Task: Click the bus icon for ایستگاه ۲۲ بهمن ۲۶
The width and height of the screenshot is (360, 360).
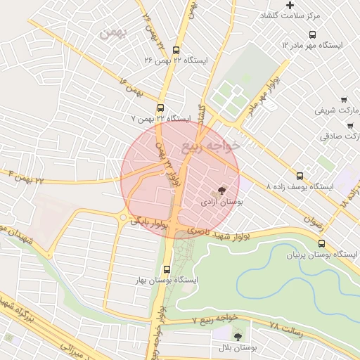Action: pos(175,50)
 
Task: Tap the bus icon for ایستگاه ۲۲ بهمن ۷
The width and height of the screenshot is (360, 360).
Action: pos(161,108)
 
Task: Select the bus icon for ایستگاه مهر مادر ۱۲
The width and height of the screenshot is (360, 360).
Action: pos(312,34)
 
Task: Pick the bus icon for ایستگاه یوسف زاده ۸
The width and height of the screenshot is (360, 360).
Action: pos(300,176)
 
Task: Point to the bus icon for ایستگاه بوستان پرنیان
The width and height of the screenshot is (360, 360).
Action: pos(321,244)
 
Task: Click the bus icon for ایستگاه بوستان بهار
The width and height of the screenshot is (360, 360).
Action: pos(167,269)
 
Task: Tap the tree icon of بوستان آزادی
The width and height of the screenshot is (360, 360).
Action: pos(222,191)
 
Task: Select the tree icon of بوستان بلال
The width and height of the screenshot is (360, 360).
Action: pos(237,337)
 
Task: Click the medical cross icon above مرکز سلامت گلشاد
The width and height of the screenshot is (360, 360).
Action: pos(290,6)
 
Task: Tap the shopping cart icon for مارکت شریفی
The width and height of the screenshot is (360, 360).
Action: pos(344,100)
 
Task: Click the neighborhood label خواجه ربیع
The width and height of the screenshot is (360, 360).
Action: pos(211,146)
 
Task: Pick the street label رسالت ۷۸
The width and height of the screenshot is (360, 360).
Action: pos(285,327)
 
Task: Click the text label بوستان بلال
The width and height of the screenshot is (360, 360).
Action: pos(238,349)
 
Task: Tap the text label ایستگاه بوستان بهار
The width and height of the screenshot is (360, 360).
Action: pos(168,281)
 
